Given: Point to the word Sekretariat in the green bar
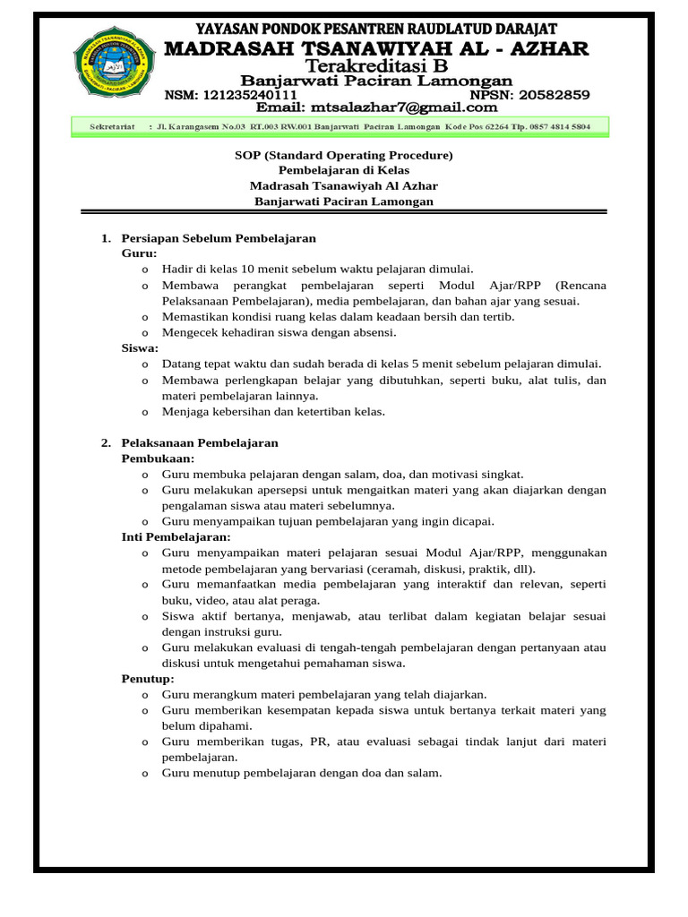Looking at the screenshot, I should click(x=112, y=127).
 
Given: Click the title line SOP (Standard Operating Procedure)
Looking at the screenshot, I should click(x=343, y=155).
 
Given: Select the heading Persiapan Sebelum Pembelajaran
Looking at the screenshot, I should click(x=219, y=238).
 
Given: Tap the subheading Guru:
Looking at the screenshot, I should click(x=139, y=253).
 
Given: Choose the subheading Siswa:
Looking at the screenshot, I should click(x=140, y=347).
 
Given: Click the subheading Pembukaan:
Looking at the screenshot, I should click(x=158, y=458).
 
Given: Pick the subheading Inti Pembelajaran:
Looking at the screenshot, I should click(x=176, y=536).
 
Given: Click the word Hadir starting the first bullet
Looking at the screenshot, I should click(x=176, y=269).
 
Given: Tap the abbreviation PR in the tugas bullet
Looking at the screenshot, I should click(x=320, y=741).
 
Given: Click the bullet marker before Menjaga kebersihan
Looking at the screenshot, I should click(x=145, y=412).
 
